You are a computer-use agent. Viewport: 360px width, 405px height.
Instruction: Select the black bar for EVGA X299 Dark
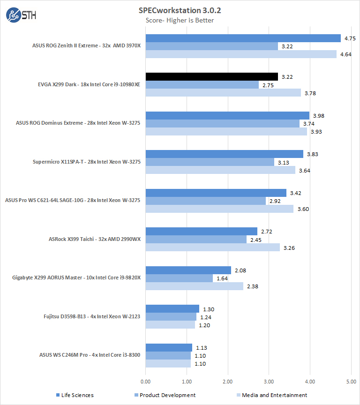click(x=211, y=77)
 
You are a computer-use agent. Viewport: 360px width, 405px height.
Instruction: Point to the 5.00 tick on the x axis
click(x=351, y=382)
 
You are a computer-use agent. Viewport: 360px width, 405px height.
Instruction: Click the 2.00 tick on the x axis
click(x=228, y=382)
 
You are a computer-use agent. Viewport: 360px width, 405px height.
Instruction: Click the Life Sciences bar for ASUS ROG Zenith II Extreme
click(x=243, y=38)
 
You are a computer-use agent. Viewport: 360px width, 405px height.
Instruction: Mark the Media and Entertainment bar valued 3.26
click(x=212, y=247)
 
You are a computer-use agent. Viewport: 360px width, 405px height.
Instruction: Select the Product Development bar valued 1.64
click(x=179, y=278)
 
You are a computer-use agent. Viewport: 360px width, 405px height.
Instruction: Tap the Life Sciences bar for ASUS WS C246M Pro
click(x=169, y=347)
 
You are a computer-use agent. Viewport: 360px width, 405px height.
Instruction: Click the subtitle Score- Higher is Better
click(x=180, y=20)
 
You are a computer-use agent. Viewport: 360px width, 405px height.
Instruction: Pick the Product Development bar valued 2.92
click(x=205, y=201)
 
